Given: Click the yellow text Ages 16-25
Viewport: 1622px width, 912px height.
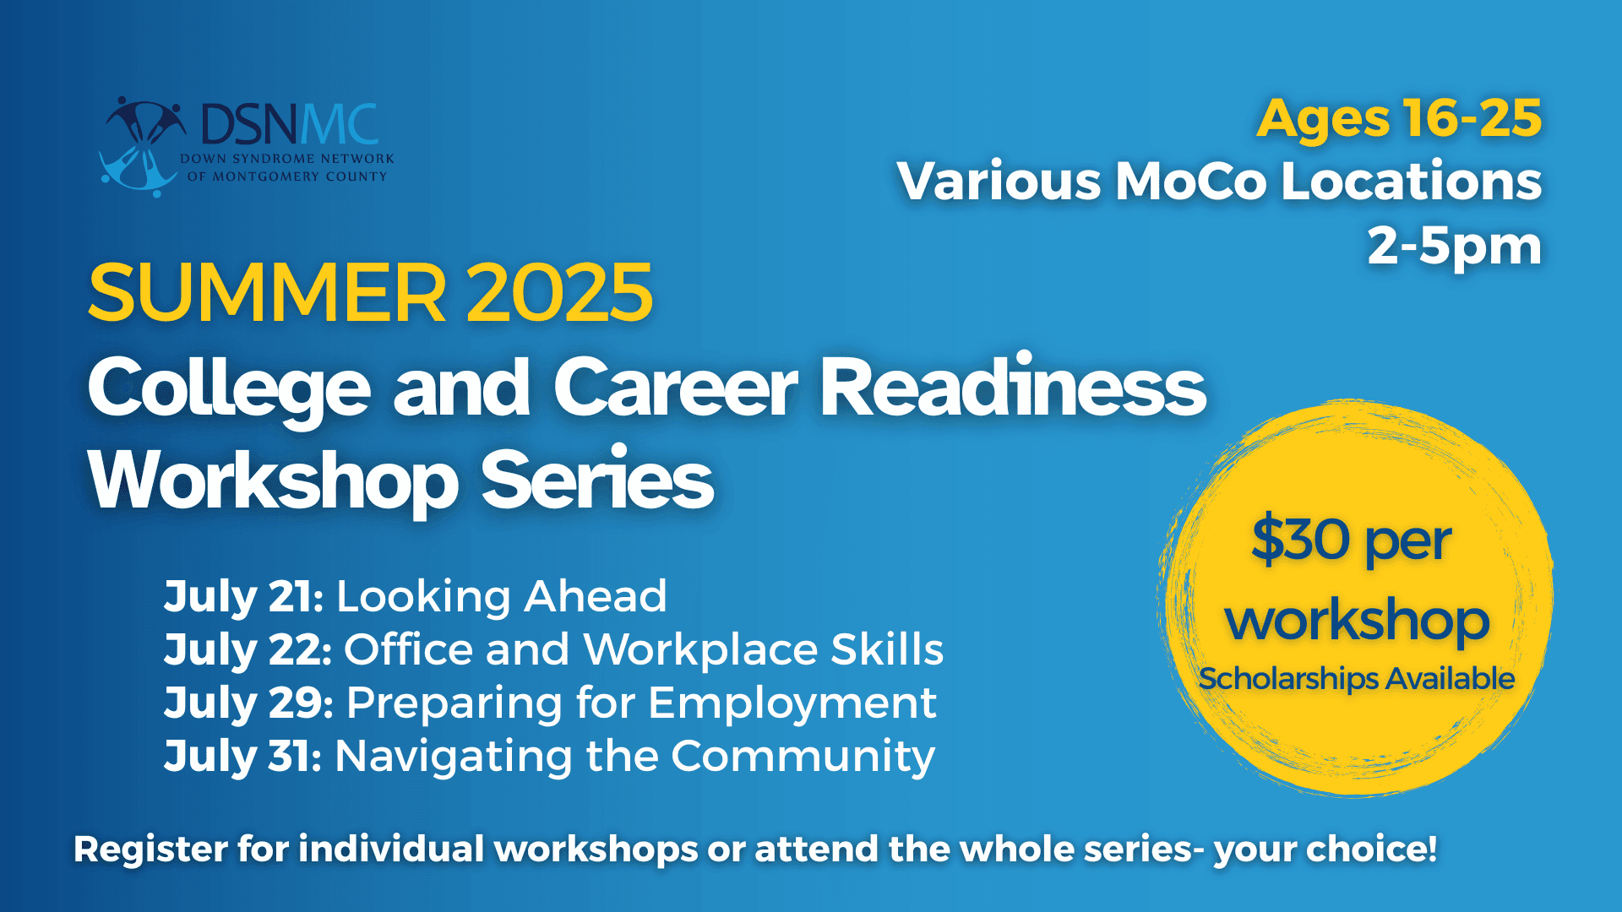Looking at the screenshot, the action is (x=1399, y=119).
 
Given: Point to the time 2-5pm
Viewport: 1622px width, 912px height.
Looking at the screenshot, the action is (x=1455, y=247).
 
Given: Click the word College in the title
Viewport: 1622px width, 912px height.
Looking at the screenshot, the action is (x=229, y=389).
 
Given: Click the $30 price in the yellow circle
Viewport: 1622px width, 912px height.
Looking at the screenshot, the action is (x=1301, y=540).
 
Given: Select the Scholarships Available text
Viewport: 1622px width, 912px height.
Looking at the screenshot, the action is (x=1357, y=679).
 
